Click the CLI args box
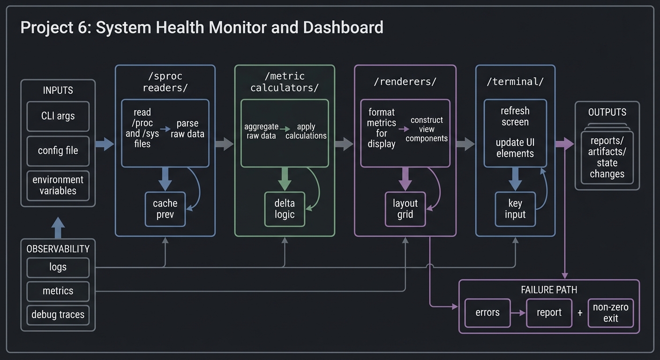coord(58,116)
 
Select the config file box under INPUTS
coord(58,151)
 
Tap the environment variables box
coord(58,185)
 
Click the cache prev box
coord(165,209)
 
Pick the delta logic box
coord(285,209)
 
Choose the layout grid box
coord(405,209)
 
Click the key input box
coord(515,209)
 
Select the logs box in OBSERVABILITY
coord(58,267)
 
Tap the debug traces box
coord(58,315)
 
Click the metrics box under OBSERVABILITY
coord(58,291)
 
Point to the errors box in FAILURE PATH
coord(487,313)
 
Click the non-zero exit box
coord(610,313)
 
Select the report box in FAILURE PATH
coord(548,313)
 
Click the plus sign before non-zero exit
coord(580,313)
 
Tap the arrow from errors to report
coord(518,313)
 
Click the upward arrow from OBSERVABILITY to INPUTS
coord(58,228)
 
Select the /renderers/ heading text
coord(405,82)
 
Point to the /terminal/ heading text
coord(515,82)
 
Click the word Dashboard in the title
coord(343,28)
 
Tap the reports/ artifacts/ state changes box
coord(607,157)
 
